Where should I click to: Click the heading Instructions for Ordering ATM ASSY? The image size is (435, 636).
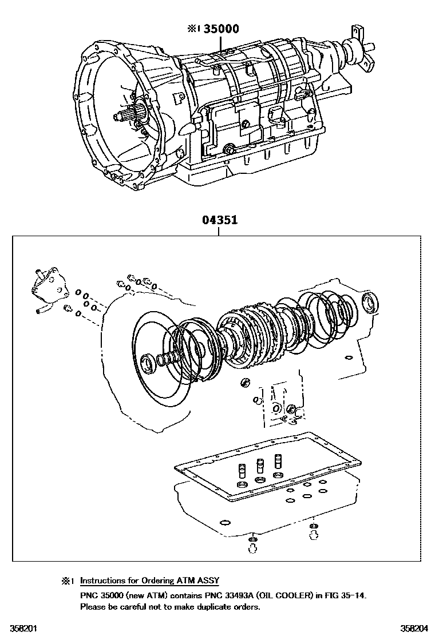(x=149, y=581)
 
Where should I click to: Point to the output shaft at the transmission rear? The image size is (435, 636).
(x=366, y=49)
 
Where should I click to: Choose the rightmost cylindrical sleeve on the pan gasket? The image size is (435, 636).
(x=279, y=461)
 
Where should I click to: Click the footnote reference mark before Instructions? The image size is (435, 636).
(x=68, y=581)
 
